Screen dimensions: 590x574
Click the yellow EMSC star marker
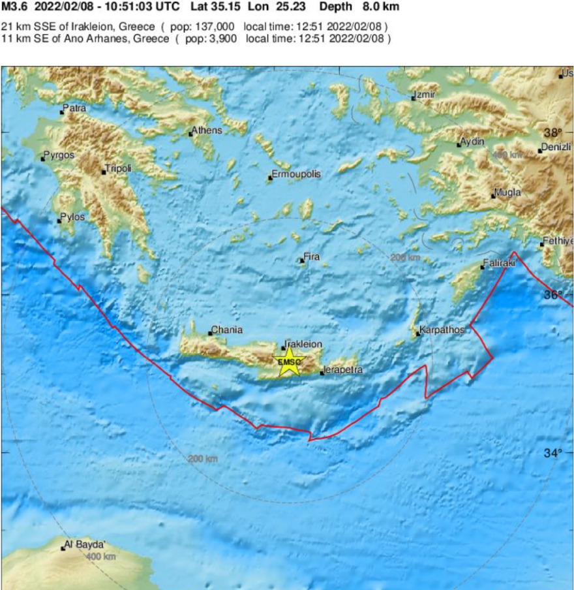289,362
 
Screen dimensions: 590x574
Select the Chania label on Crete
227,330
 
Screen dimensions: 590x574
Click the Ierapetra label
344,371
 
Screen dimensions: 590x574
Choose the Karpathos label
443,330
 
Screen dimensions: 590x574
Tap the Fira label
312,257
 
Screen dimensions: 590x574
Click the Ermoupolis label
297,175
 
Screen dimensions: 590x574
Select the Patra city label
74,108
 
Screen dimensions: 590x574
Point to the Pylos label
72,217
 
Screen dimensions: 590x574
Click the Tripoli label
119,168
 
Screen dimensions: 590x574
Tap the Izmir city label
425,95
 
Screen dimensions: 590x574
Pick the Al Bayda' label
84,544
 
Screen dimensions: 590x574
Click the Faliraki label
500,263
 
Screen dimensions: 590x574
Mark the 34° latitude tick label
553,453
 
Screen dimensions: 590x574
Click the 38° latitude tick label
553,132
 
